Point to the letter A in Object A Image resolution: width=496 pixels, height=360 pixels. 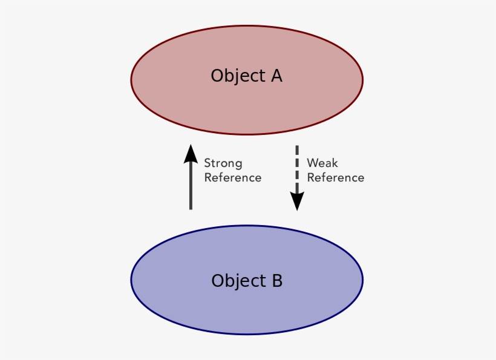click(276, 76)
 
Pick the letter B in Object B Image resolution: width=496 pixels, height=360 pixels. click(277, 281)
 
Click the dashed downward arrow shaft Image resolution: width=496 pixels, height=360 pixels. click(296, 172)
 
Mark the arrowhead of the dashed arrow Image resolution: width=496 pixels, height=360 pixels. click(296, 201)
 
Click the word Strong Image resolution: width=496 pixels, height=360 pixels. click(223, 163)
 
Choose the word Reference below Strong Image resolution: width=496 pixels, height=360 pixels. click(233, 178)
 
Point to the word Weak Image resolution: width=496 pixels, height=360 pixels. click(322, 163)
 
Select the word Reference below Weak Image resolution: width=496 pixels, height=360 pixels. click(336, 178)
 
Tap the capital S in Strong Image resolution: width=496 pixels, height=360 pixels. click(207, 163)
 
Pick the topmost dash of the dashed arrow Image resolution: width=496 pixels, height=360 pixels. click(296, 149)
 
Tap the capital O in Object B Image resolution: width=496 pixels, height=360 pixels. click(218, 281)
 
